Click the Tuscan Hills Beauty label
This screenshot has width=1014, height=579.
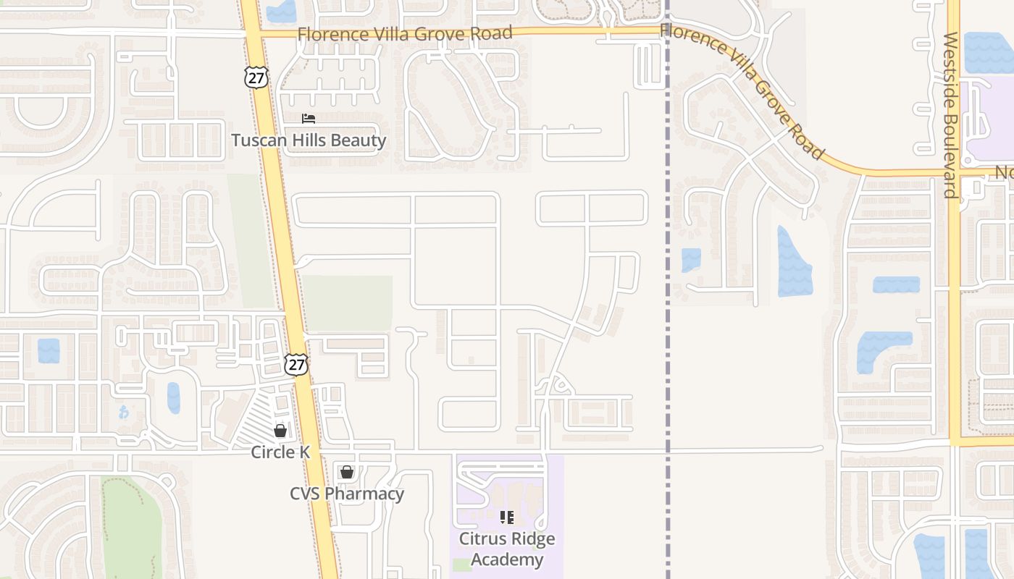pyautogui.click(x=309, y=140)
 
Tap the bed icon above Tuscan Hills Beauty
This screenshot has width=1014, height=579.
pyautogui.click(x=309, y=119)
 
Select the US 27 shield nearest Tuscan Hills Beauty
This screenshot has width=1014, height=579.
pyautogui.click(x=256, y=77)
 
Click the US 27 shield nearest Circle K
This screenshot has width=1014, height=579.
pyautogui.click(x=296, y=364)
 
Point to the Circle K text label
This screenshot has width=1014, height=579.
pyautogui.click(x=280, y=452)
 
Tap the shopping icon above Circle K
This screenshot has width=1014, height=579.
pyautogui.click(x=280, y=431)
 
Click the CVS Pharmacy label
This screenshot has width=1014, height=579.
pyautogui.click(x=347, y=494)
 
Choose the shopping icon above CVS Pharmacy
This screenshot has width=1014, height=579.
pyautogui.click(x=347, y=473)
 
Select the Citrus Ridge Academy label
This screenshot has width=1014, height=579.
pyautogui.click(x=507, y=549)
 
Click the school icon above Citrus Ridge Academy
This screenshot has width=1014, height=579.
pyautogui.click(x=507, y=517)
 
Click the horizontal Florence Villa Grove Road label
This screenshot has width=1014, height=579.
pyautogui.click(x=405, y=33)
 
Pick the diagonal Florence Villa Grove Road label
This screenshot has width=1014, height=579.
pyautogui.click(x=743, y=90)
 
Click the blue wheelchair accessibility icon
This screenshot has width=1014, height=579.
pyautogui.click(x=122, y=412)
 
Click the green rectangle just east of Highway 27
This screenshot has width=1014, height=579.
pyautogui.click(x=348, y=303)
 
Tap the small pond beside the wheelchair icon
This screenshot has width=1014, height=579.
pyautogui.click(x=173, y=397)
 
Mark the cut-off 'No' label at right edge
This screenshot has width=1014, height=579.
pyautogui.click(x=1004, y=173)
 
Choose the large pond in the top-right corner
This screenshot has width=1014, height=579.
pyautogui.click(x=989, y=53)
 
